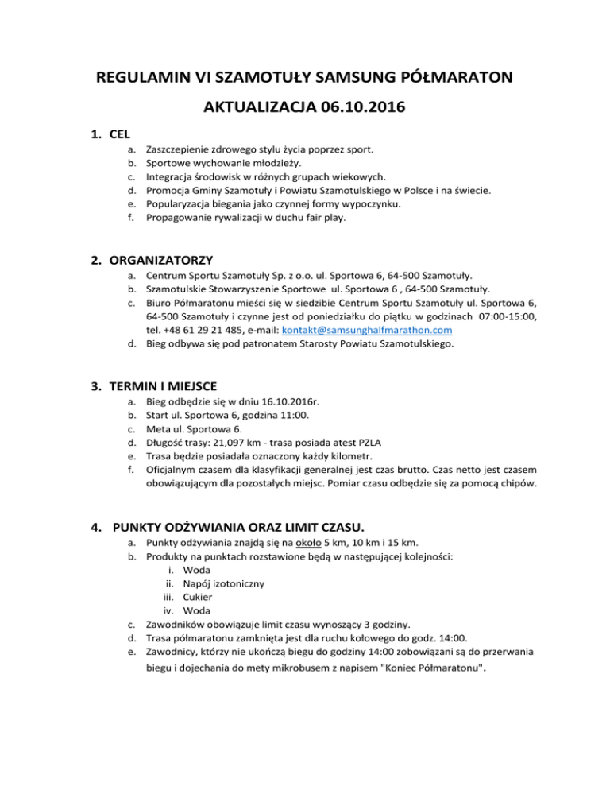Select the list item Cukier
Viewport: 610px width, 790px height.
198,597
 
